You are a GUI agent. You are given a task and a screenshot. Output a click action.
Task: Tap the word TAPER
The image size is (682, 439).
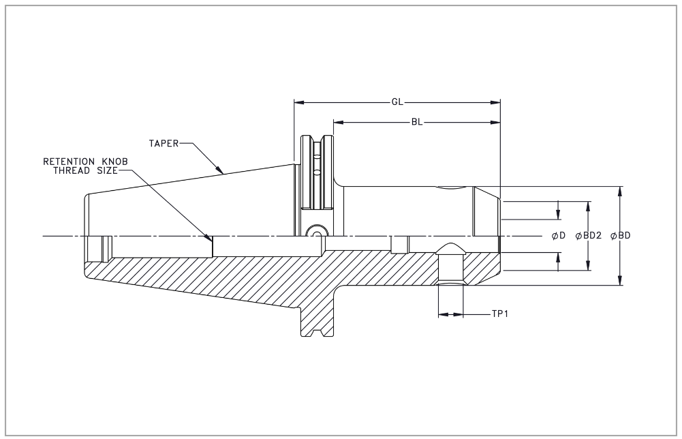[x=164, y=143]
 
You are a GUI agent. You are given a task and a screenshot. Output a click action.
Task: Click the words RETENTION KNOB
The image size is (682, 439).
[x=86, y=162]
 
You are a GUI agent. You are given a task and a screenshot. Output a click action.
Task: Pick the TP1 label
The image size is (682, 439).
[x=501, y=315]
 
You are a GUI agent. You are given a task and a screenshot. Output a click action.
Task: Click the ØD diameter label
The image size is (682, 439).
[x=559, y=236]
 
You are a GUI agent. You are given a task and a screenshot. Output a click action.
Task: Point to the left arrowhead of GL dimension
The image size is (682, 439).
[x=298, y=103]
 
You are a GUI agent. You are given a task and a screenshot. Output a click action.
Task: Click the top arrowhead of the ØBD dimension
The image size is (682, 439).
[x=619, y=190]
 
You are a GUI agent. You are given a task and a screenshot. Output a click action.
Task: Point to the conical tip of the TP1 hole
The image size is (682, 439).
[x=450, y=247]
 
